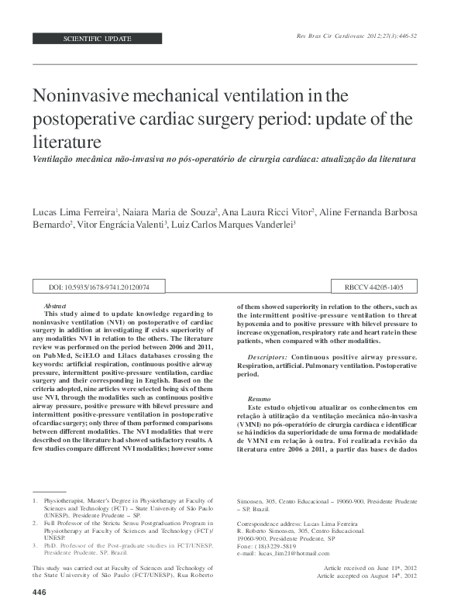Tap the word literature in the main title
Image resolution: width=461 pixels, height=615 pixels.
[77, 143]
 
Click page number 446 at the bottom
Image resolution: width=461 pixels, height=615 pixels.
[41, 593]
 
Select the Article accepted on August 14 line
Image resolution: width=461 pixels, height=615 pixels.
[367, 576]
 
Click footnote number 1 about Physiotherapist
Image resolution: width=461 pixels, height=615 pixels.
[36, 501]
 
